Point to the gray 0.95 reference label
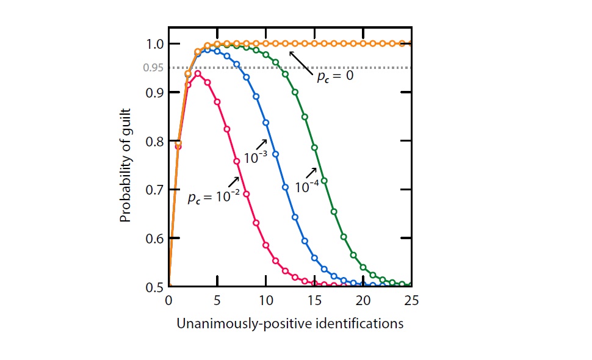click(153, 68)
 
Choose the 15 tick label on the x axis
click(314, 301)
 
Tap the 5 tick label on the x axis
click(217, 301)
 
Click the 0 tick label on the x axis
click(168, 301)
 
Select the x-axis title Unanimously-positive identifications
click(290, 324)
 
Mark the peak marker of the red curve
click(197, 73)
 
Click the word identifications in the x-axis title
click(368, 324)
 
